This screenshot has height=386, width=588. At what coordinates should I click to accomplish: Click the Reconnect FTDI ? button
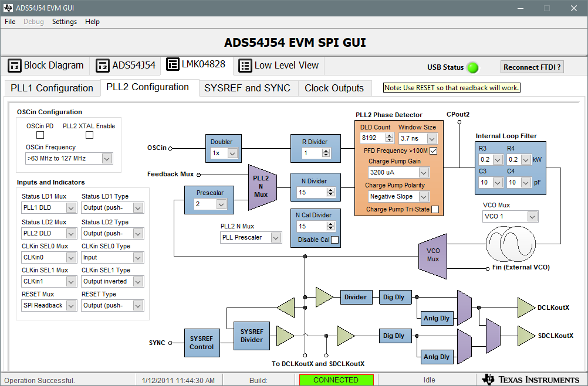point(532,67)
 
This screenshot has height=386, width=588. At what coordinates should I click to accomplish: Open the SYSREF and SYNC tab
point(247,88)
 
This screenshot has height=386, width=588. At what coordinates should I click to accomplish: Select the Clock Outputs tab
point(334,88)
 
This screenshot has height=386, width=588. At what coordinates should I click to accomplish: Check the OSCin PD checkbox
point(40,135)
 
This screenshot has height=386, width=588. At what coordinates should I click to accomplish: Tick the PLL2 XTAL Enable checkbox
point(89,135)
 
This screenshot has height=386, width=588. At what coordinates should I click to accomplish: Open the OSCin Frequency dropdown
point(69,159)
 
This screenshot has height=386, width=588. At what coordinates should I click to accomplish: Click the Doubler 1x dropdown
point(224,153)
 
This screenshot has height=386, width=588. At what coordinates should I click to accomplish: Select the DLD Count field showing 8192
point(373,138)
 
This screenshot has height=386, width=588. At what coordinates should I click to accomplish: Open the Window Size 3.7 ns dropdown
point(418,138)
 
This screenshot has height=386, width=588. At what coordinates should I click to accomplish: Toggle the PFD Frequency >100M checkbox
point(433,151)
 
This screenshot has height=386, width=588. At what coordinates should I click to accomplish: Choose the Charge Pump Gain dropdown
point(398,173)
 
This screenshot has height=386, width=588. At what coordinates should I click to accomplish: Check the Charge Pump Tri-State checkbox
point(435,210)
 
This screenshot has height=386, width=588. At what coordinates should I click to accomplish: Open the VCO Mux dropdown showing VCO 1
point(509,217)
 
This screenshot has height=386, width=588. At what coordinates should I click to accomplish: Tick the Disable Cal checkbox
point(334,240)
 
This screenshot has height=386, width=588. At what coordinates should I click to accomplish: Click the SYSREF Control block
point(202,343)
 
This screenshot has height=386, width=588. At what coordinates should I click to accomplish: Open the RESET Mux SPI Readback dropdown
point(49,305)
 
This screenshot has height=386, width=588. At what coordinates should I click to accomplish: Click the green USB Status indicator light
point(472,67)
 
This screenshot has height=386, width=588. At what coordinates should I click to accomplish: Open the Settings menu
point(64,22)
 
